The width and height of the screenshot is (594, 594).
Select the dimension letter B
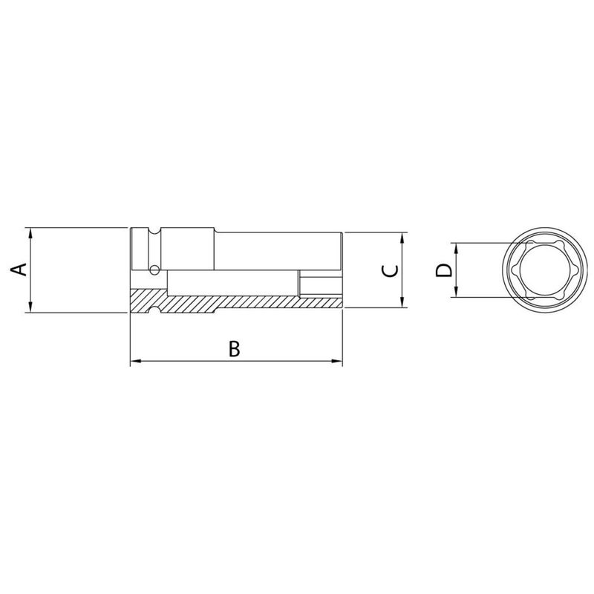point(234,348)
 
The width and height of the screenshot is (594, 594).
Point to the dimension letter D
point(443,270)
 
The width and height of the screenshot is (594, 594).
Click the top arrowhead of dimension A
point(30,232)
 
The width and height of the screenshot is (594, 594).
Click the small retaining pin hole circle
point(154,268)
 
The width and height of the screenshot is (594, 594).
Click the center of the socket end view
point(541,270)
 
